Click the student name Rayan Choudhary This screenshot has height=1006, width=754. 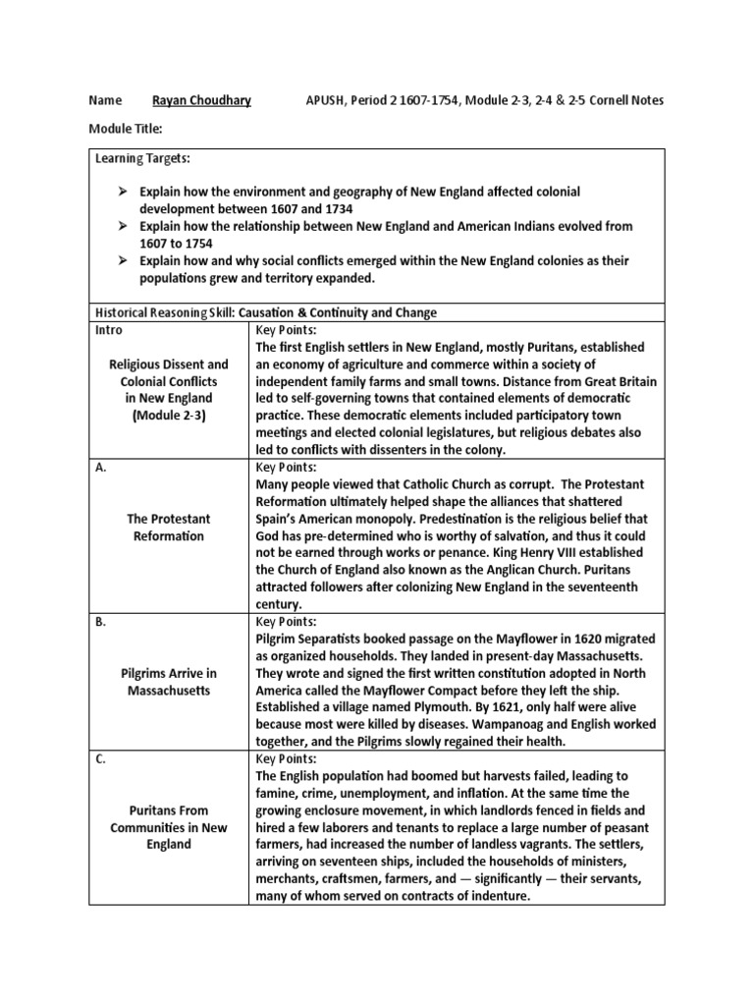pyautogui.click(x=201, y=100)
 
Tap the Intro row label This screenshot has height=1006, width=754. pyautogui.click(x=109, y=330)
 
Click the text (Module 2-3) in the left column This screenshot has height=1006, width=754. pyautogui.click(x=169, y=416)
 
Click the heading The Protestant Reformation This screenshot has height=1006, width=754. pyautogui.click(x=168, y=527)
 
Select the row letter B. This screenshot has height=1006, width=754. pyautogui.click(x=100, y=622)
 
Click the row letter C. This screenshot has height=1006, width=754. pyautogui.click(x=100, y=759)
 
